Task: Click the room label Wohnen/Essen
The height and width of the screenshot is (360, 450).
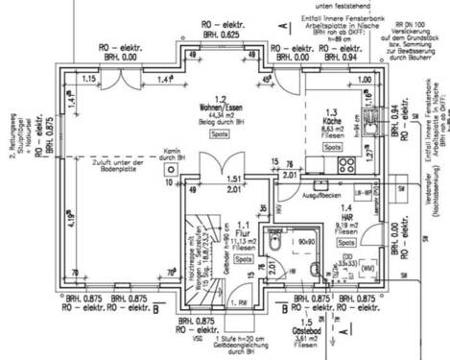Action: click(221, 108)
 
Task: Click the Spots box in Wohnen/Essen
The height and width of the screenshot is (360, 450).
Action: click(221, 135)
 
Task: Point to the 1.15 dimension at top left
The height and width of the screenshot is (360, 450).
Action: click(88, 77)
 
